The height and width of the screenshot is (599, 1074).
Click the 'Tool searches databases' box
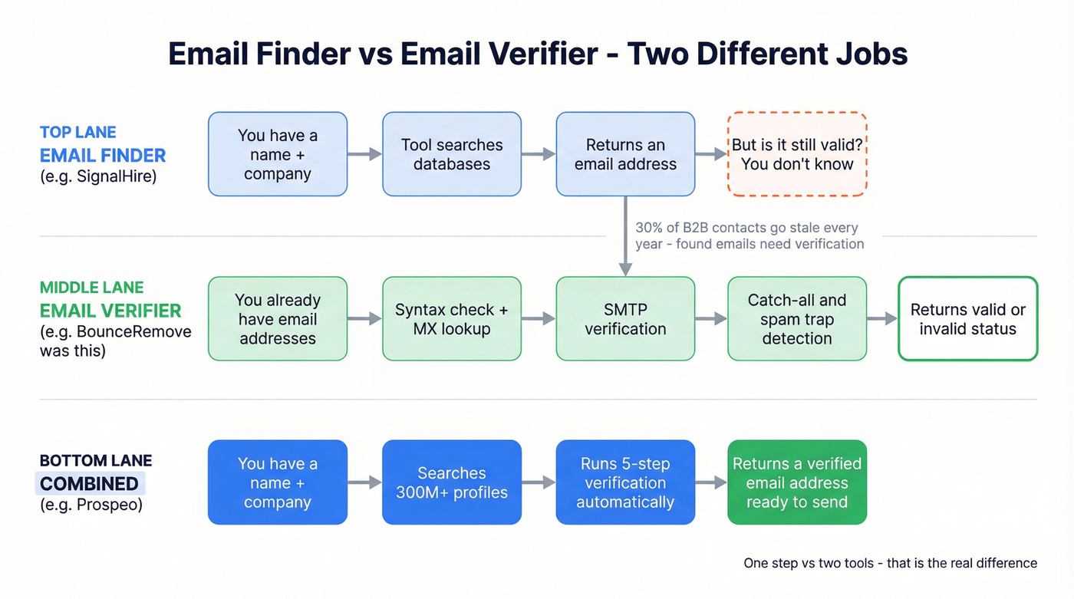(452, 154)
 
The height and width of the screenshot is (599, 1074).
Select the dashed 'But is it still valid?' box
(797, 154)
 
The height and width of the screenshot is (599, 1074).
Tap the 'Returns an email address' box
(625, 154)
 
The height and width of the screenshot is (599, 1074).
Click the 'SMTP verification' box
(625, 319)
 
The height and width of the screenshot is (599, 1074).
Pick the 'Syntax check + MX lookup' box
(452, 319)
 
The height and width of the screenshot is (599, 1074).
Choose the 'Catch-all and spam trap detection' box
(797, 319)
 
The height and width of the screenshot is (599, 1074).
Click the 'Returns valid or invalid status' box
(967, 319)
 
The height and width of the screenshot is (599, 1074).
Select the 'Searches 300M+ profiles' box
(452, 482)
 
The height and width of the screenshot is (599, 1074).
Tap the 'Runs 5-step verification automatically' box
(625, 482)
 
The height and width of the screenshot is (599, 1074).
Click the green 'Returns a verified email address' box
(797, 482)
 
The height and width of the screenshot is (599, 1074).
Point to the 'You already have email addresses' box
(278, 319)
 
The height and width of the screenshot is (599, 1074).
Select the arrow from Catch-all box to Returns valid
(882, 319)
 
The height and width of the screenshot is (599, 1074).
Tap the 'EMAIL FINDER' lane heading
(103, 156)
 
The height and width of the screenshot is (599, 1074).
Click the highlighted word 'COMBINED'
(90, 484)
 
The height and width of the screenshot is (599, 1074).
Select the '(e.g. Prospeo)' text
(91, 505)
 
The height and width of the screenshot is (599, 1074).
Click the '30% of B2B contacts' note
(749, 235)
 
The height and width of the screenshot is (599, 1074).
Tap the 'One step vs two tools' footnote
(890, 563)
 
